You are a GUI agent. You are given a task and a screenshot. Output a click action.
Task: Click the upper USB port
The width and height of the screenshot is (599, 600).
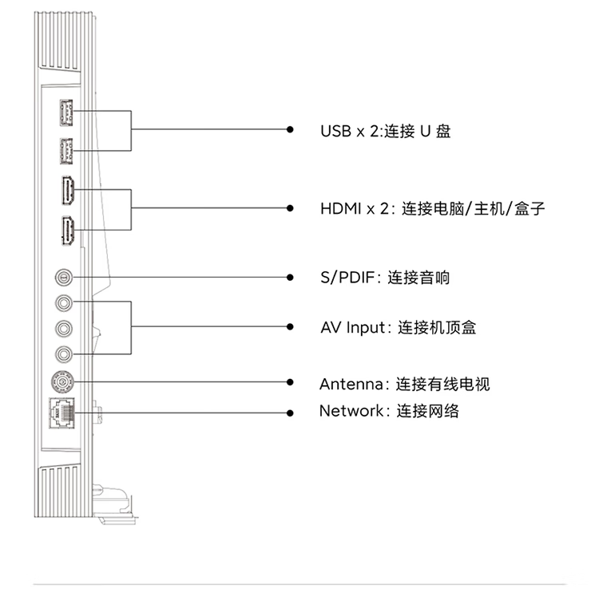point(66,112)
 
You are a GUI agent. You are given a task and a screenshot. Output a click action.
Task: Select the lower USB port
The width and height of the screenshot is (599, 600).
point(66,151)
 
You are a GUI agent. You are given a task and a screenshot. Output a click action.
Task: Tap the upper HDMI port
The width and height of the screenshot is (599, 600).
point(68,191)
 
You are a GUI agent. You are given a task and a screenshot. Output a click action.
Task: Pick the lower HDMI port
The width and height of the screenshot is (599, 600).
point(68,231)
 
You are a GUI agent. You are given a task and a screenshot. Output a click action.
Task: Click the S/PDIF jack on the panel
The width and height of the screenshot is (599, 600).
point(64,277)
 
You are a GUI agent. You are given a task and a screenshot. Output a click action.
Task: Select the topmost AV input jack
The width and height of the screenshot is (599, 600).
point(64,303)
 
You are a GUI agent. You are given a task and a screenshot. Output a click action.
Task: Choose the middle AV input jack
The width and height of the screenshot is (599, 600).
point(64,328)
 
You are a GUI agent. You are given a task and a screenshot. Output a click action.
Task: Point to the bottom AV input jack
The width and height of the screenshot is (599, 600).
point(64,354)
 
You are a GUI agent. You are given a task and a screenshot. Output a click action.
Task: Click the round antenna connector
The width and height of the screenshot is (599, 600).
point(62,381)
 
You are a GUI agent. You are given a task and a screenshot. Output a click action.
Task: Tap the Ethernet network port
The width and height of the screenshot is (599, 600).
point(61,412)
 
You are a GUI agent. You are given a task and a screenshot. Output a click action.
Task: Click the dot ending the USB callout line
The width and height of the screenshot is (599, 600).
point(290,129)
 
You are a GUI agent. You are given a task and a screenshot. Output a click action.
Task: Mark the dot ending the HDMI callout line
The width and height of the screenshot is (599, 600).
point(290,208)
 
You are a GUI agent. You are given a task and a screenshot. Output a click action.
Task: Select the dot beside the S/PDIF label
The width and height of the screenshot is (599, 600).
point(290,278)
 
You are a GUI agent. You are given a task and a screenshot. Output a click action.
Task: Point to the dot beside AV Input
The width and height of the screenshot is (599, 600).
point(290,327)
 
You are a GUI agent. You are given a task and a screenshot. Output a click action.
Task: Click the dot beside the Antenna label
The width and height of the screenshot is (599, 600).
point(290,382)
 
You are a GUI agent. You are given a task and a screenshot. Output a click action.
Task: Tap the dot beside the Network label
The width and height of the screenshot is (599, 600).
point(290,412)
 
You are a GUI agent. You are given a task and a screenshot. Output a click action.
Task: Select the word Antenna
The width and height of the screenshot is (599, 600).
point(351,385)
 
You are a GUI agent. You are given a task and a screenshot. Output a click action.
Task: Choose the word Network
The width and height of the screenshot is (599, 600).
point(351,411)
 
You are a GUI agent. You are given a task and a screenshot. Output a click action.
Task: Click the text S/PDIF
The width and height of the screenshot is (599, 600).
point(347,278)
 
